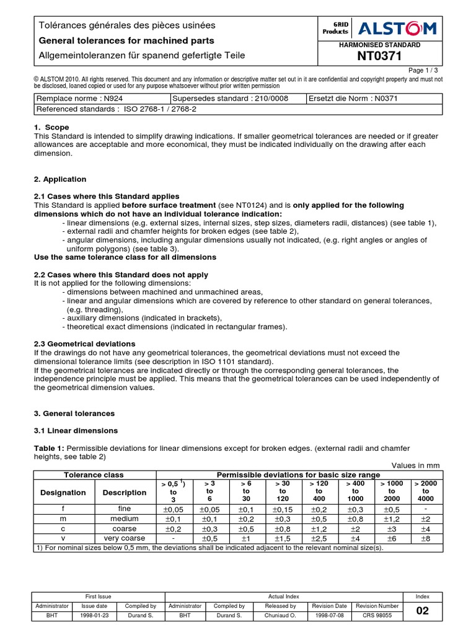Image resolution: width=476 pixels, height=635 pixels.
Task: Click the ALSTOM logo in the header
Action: (x=397, y=28)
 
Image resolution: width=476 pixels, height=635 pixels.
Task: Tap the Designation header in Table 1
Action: (x=63, y=492)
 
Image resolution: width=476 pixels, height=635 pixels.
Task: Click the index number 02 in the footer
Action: (x=423, y=611)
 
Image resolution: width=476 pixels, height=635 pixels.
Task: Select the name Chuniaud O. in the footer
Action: (x=281, y=616)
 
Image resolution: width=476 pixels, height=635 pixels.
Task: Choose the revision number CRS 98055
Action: (x=377, y=616)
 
